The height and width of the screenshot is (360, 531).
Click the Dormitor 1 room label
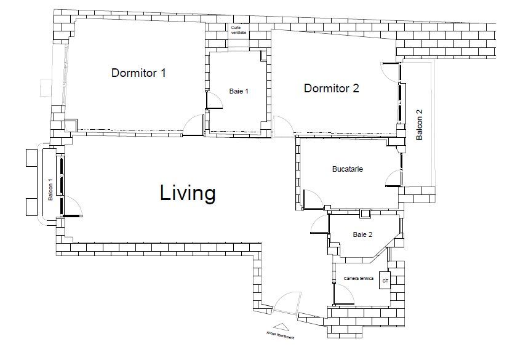click(x=138, y=73)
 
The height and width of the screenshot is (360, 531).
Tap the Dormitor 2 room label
click(x=331, y=89)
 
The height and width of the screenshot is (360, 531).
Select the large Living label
click(x=188, y=193)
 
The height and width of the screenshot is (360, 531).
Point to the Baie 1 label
click(x=238, y=91)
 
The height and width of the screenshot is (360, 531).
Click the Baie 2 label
click(x=362, y=234)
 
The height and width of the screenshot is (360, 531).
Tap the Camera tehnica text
click(x=358, y=279)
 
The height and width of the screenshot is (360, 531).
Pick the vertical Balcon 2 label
click(x=420, y=125)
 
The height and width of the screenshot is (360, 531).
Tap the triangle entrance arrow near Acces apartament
click(x=280, y=327)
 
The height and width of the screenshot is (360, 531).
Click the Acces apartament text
click(x=281, y=336)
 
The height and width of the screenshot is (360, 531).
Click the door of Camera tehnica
click(x=344, y=297)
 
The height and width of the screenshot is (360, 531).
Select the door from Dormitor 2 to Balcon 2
click(x=389, y=72)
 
